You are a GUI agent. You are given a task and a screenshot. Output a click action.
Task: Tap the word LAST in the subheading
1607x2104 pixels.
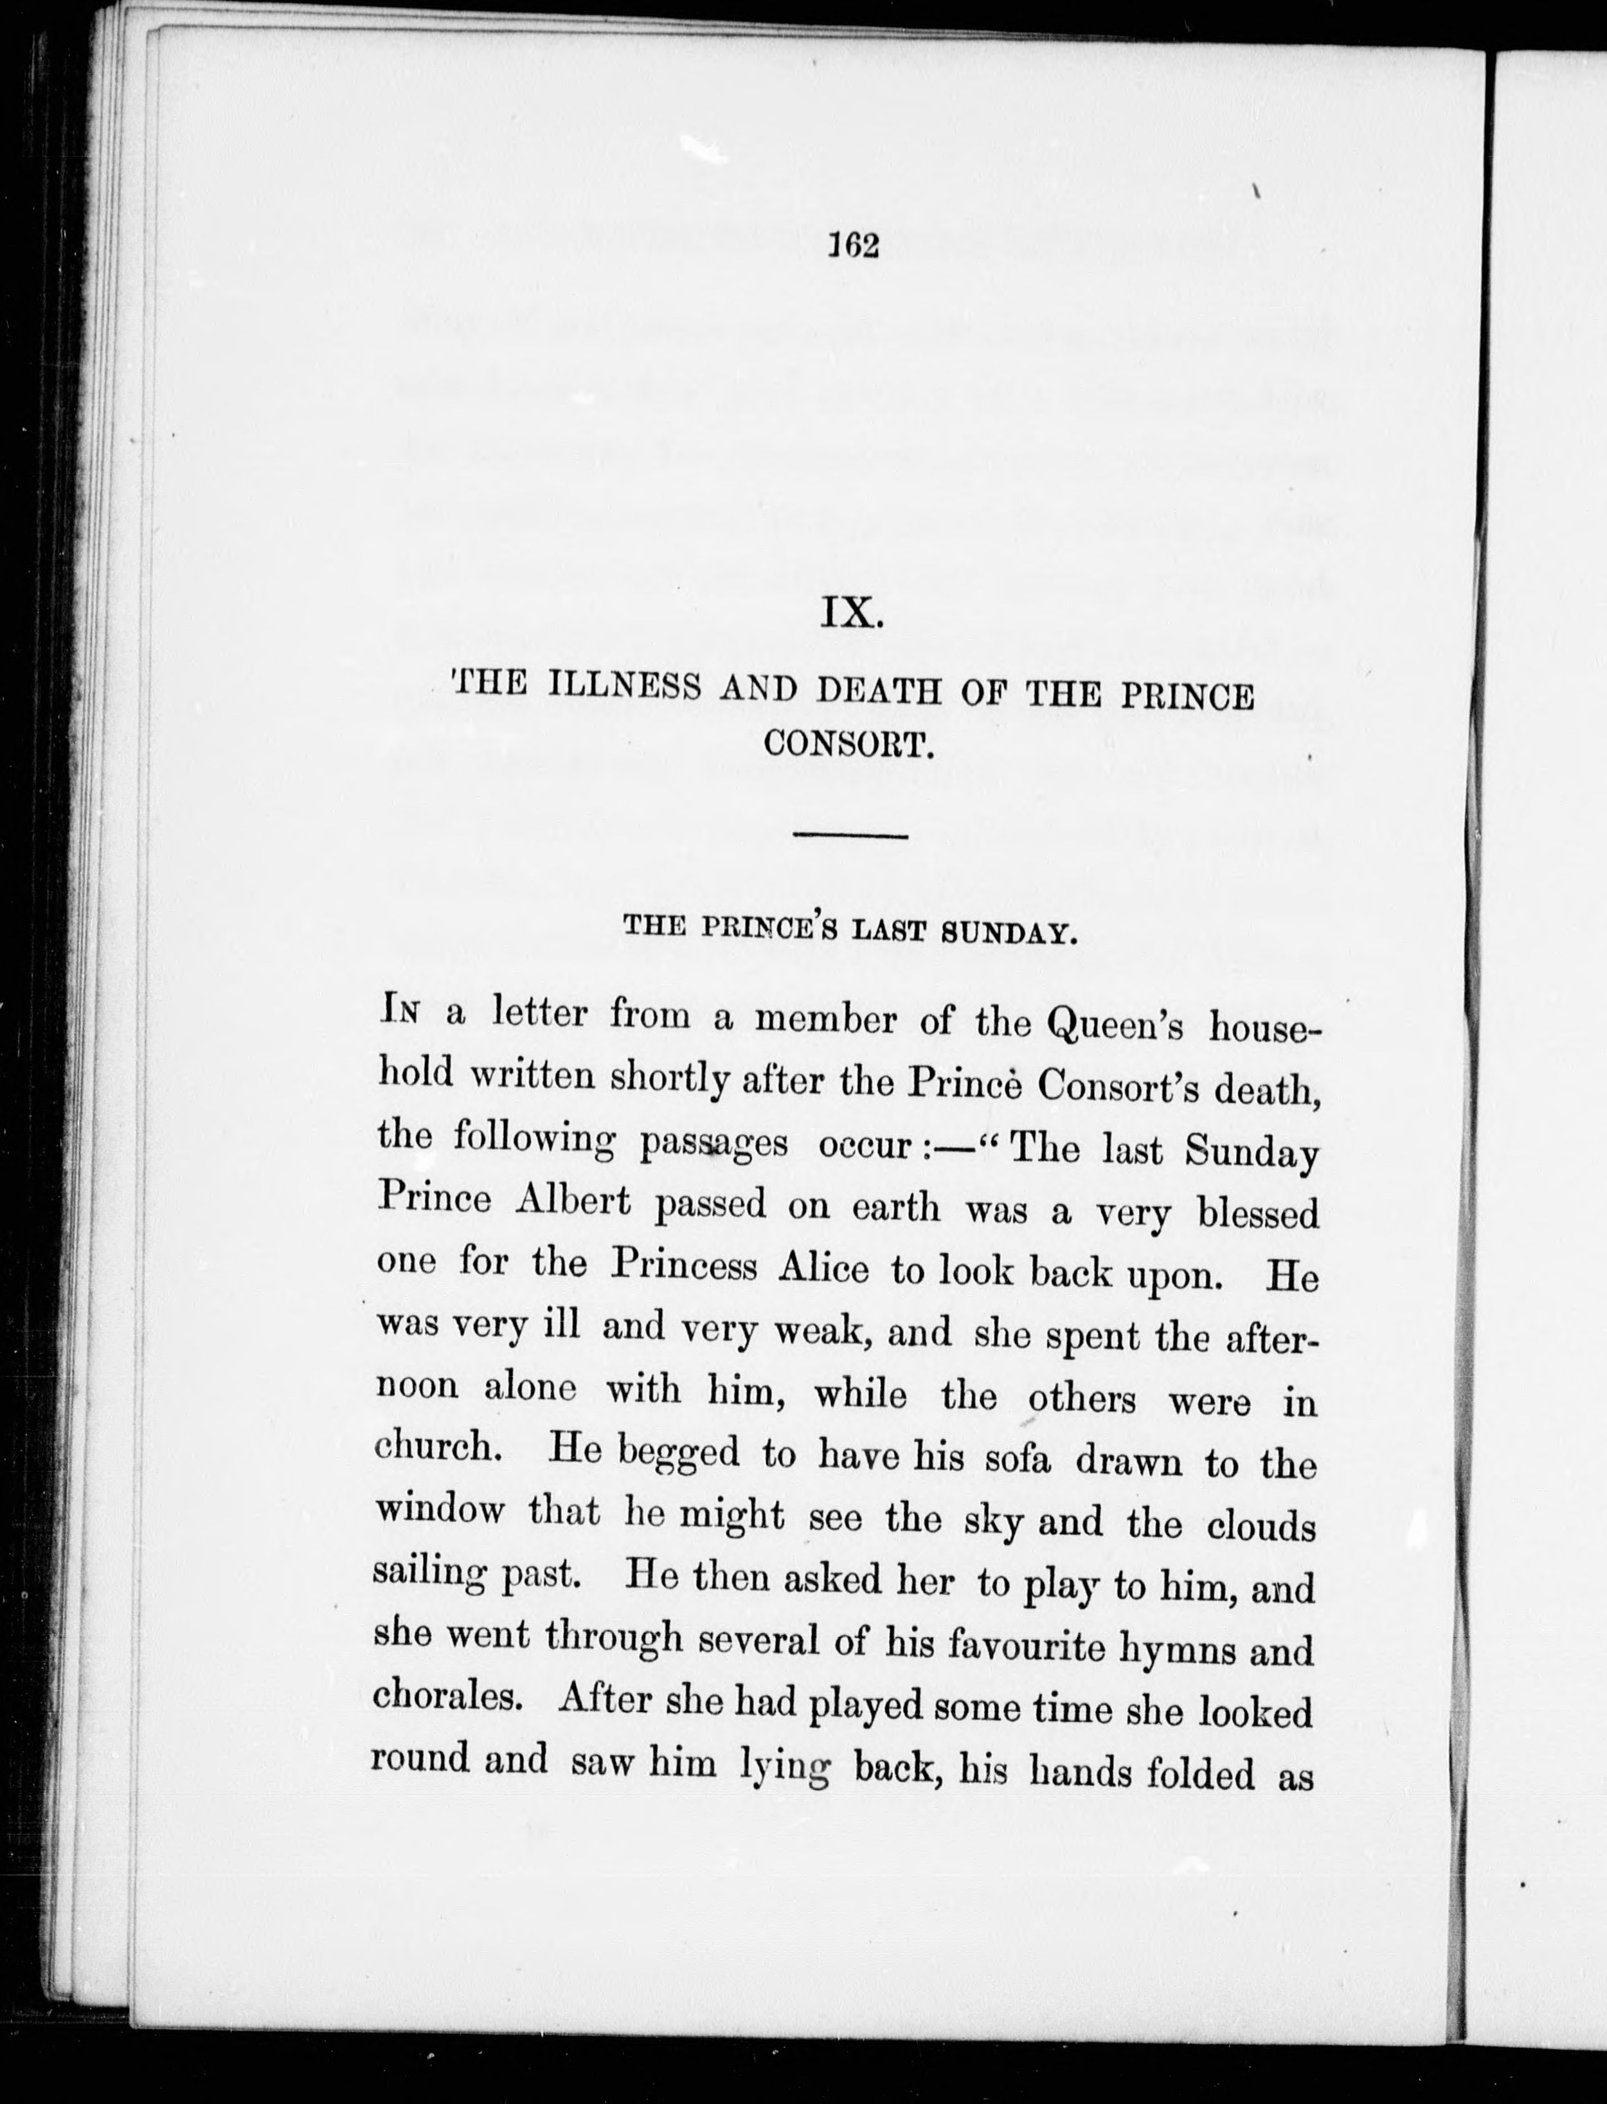tap(888, 930)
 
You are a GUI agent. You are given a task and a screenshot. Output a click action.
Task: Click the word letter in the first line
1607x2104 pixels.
tap(537, 1013)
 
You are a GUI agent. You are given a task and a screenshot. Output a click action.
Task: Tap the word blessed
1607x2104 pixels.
tap(1258, 1214)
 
